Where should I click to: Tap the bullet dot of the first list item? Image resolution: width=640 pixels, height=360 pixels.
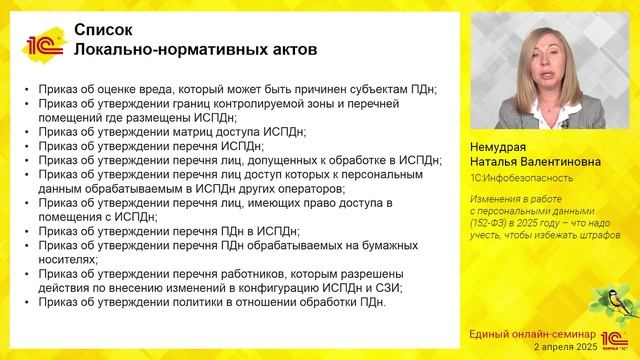tap(24, 90)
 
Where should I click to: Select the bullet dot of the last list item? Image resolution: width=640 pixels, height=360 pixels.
tap(24, 303)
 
